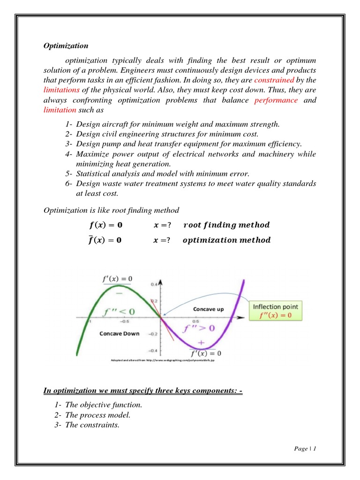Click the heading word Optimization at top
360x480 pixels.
coord(66,46)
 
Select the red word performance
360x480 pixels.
coord(276,100)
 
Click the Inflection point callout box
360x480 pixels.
coord(275,311)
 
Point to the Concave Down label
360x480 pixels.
coord(120,333)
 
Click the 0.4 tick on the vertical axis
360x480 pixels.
coord(154,284)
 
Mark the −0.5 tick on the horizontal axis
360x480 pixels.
coord(124,322)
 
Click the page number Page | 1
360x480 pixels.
coord(306,449)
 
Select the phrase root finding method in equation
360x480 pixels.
coord(226,225)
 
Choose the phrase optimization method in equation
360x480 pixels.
coord(226,240)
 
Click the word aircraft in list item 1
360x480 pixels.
coord(111,124)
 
